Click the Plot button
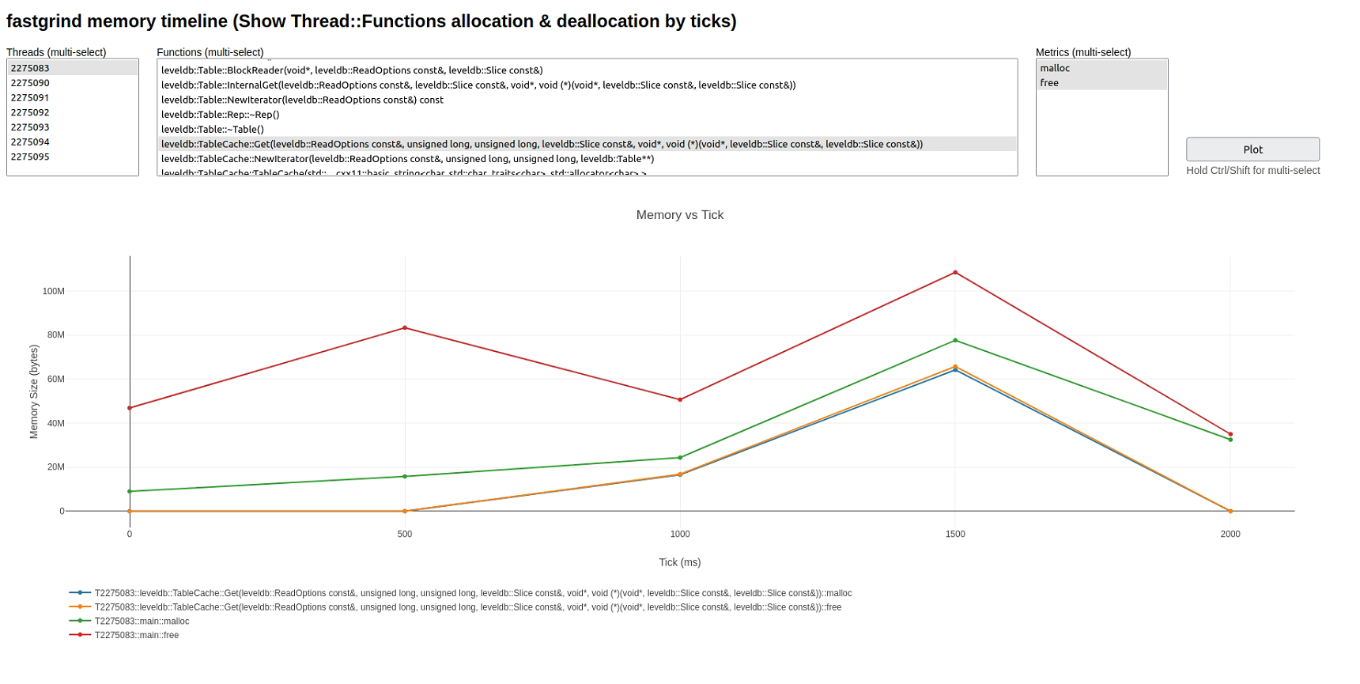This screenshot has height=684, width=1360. (1252, 149)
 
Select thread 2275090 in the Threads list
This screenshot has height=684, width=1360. (30, 83)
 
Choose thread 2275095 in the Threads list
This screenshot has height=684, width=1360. (30, 157)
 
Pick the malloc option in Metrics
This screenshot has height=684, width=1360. (1055, 68)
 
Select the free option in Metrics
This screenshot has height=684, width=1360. (1049, 83)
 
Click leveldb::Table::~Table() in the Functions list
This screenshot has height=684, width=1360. (213, 129)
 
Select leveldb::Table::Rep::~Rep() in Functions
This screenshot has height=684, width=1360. (221, 115)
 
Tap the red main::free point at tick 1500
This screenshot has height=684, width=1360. (955, 273)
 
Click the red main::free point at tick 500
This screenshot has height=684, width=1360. (405, 328)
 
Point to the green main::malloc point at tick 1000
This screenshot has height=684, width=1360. (680, 458)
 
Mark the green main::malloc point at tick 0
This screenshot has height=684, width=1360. (130, 491)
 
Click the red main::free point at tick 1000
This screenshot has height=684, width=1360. (680, 399)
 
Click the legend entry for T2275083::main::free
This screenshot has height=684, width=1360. (137, 635)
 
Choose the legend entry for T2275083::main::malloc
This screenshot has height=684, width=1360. (142, 622)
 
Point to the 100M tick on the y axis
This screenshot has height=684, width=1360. (54, 291)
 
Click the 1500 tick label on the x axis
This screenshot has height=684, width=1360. (955, 534)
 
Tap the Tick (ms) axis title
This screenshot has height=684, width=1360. (680, 562)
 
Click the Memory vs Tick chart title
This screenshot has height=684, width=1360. (680, 215)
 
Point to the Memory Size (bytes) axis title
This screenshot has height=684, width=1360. (34, 391)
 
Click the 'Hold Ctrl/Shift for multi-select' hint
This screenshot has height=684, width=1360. (1252, 170)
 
